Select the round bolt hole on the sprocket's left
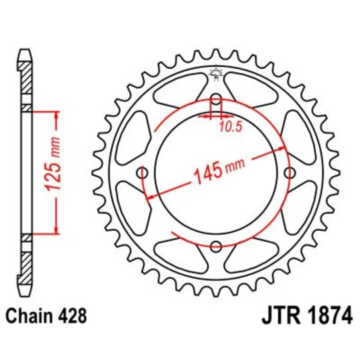[x=141, y=173]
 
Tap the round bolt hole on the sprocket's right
[x=289, y=173]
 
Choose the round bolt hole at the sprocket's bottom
[x=215, y=247]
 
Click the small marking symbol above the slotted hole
[x=215, y=73]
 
